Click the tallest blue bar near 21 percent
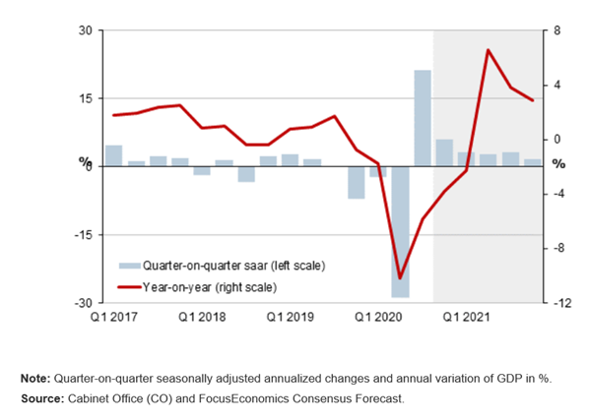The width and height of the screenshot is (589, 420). click(422, 118)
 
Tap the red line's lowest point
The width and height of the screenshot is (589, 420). click(400, 278)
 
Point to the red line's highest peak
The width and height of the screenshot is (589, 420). click(488, 49)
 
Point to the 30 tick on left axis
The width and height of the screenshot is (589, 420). click(85, 30)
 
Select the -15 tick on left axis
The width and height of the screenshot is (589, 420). click(83, 235)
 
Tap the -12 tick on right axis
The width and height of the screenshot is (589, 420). click(558, 304)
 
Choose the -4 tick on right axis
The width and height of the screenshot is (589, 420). click(556, 194)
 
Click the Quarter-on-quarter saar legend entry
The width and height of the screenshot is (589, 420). click(233, 266)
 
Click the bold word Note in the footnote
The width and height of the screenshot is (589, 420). click(35, 379)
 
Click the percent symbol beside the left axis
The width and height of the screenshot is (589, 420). click(86, 163)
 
